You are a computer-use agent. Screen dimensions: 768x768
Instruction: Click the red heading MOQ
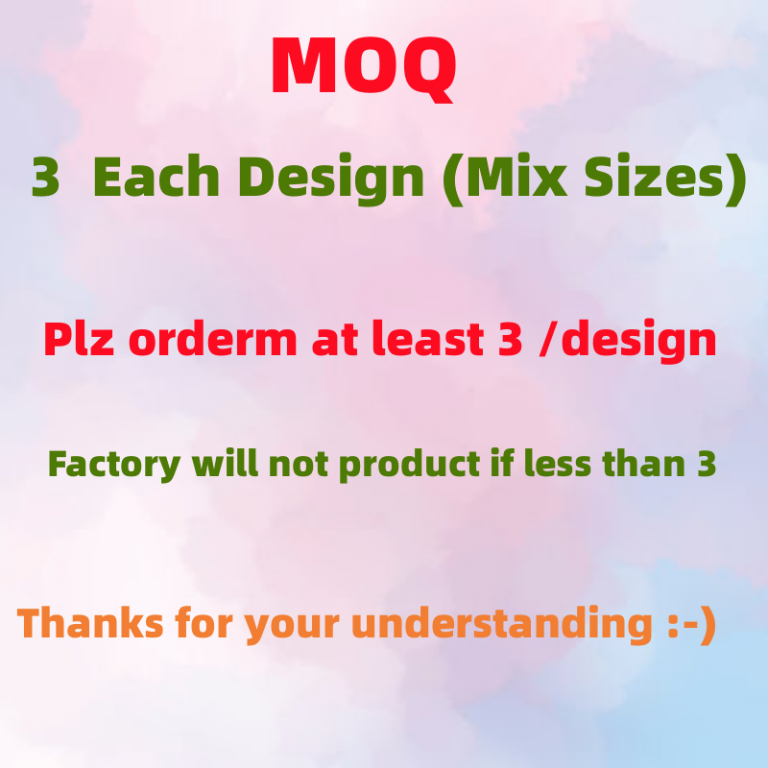pos(363,67)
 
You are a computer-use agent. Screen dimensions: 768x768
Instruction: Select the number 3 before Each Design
pos(45,179)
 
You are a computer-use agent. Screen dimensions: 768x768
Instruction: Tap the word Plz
pos(80,341)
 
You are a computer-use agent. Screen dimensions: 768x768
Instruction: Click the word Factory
pos(114,465)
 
